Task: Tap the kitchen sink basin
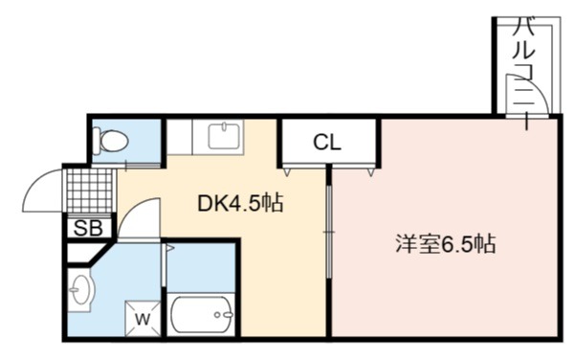(x=224, y=136)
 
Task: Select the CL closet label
(x=327, y=142)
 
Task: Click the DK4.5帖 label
(x=240, y=203)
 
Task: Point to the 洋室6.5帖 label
(x=446, y=243)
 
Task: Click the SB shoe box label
(x=88, y=228)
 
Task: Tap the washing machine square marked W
(x=143, y=319)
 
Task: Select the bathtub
(x=201, y=315)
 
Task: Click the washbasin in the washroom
(x=81, y=290)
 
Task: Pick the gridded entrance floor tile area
(x=90, y=191)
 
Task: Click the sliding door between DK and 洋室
(x=329, y=232)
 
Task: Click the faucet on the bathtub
(x=224, y=315)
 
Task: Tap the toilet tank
(x=97, y=141)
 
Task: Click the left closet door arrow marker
(x=287, y=171)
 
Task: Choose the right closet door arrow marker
(x=371, y=171)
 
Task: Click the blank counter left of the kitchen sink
(x=180, y=136)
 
